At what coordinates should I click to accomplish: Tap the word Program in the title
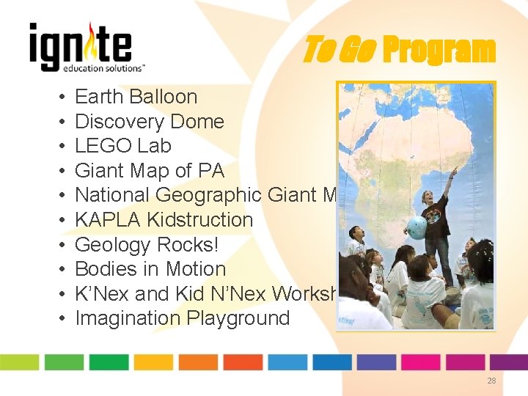click(x=439, y=51)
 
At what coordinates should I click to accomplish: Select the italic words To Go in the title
click(x=339, y=51)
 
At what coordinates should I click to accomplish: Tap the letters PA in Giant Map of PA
click(x=210, y=171)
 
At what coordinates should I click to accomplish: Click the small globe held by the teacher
click(x=417, y=227)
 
